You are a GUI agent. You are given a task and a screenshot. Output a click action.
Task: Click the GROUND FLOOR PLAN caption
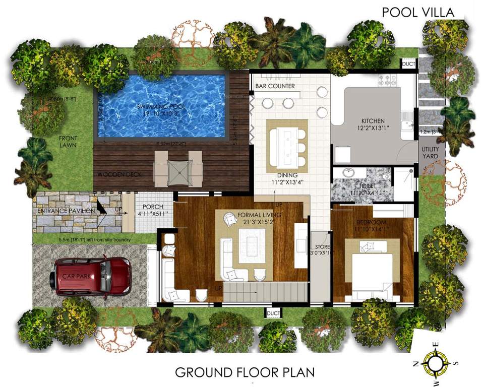245,372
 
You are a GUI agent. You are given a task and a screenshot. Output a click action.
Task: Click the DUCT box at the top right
408,64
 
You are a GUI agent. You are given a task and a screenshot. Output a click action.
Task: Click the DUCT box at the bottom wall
273,313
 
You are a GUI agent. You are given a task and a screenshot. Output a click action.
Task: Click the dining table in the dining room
286,147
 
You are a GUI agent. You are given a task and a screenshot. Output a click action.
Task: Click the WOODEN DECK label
119,174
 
